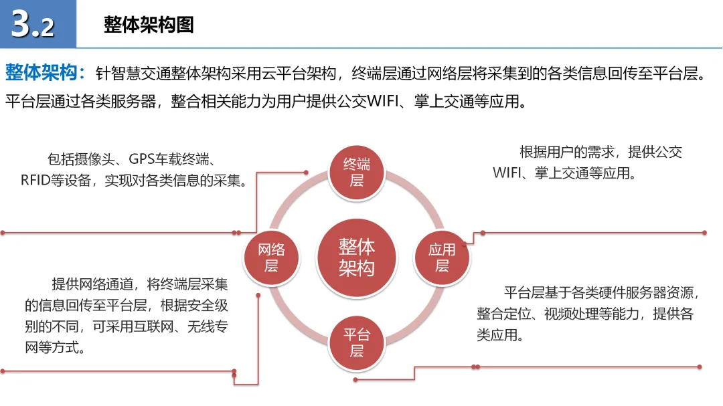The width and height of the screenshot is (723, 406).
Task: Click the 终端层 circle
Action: click(x=357, y=172)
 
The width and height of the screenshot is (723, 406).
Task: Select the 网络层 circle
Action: click(x=270, y=258)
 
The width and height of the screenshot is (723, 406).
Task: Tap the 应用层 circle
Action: click(x=442, y=258)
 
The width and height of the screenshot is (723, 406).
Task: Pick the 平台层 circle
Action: click(x=357, y=342)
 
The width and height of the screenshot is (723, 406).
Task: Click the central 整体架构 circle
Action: click(x=356, y=257)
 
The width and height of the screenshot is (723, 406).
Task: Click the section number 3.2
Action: click(x=33, y=25)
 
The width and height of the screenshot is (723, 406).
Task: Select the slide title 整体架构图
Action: click(x=149, y=25)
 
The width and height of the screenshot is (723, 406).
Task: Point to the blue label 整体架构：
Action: click(x=46, y=72)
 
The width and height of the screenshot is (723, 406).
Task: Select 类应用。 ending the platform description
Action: click(x=499, y=334)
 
